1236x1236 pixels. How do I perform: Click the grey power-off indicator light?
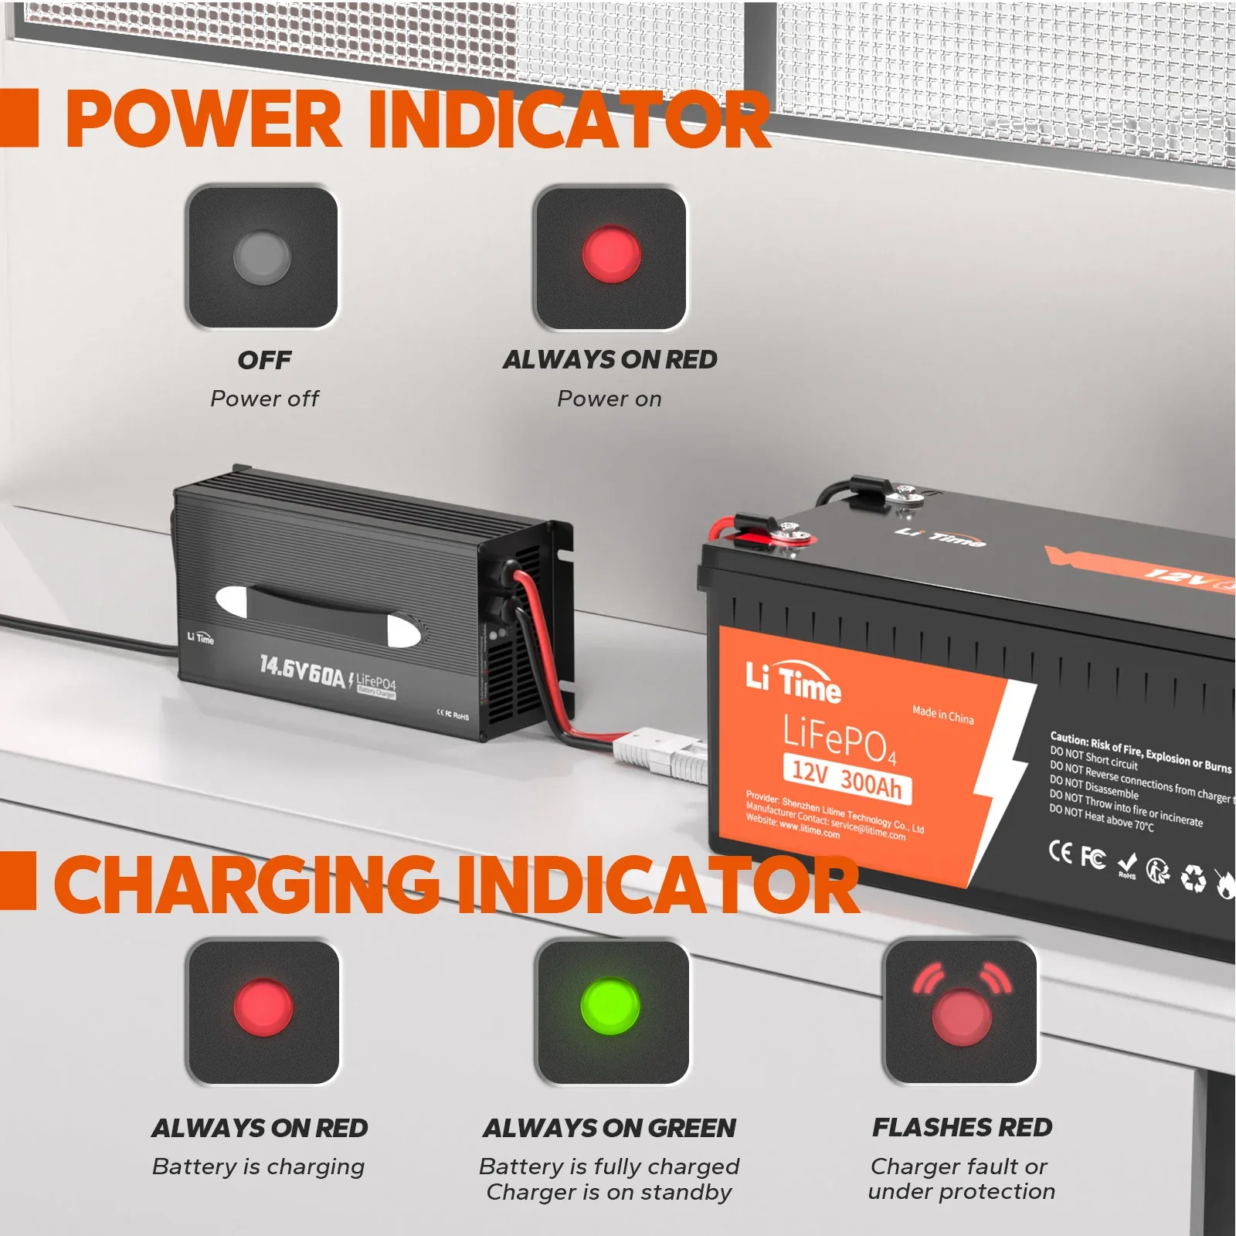coord(262,256)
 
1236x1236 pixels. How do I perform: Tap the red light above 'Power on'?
coord(610,254)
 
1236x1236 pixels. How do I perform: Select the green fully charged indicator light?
coord(610,1007)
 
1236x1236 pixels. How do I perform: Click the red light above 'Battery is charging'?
coord(263,1008)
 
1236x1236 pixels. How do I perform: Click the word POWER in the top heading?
coord(203,120)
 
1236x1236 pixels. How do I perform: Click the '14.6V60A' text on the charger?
coord(302,671)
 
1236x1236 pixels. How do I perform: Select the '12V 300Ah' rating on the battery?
coord(847,778)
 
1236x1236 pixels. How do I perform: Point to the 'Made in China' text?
coord(942,715)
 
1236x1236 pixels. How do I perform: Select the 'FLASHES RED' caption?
coord(962,1128)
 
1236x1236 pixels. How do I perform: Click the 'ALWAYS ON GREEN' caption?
coord(610,1129)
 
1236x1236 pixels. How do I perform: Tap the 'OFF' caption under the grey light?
coord(264,360)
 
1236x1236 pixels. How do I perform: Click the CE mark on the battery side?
coord(1061,851)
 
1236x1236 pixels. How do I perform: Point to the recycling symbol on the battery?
coord(1193,879)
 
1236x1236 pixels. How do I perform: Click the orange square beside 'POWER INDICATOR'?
coord(19,117)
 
